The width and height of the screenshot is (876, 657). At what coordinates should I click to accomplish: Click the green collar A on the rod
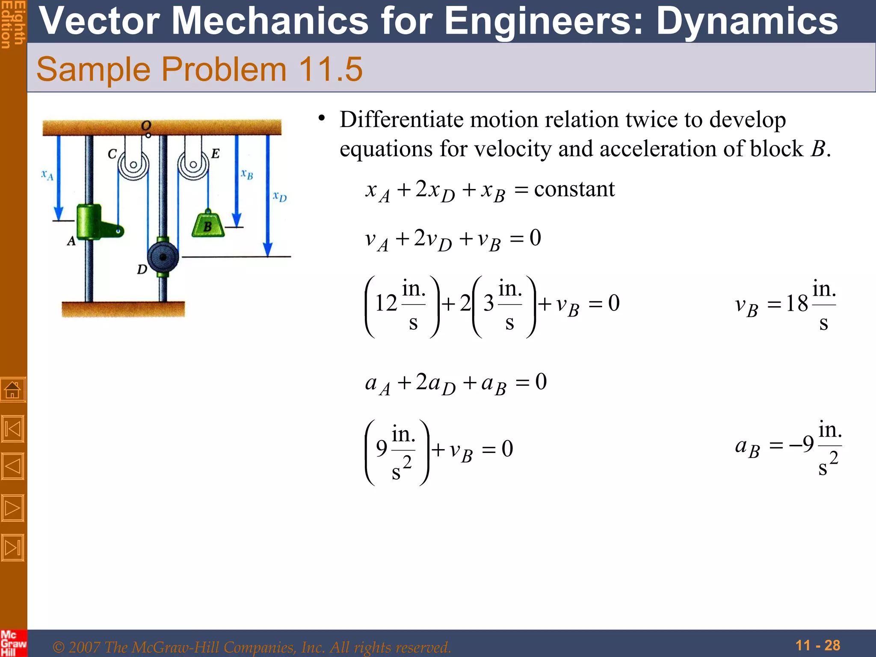[x=89, y=222]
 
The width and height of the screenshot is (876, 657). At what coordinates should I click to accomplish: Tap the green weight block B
[x=208, y=225]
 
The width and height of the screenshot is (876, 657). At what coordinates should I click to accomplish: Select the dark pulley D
[x=163, y=257]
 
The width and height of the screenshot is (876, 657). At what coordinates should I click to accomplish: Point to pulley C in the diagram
[x=133, y=165]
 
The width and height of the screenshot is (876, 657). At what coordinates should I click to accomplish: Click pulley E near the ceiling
[x=193, y=165]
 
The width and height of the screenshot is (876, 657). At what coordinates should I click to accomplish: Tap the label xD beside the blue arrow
[x=280, y=197]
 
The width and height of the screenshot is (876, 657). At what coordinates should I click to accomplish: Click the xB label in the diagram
[x=247, y=174]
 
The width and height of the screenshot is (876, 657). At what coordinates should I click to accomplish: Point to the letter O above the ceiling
[x=146, y=125]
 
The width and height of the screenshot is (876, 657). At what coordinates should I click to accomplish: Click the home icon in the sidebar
[x=13, y=390]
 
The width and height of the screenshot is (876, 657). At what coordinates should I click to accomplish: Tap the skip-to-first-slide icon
[x=13, y=429]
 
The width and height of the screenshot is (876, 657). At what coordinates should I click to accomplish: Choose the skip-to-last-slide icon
[x=13, y=547]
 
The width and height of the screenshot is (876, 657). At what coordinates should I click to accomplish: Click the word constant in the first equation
[x=574, y=189]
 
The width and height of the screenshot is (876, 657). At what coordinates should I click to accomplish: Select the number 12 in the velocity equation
[x=386, y=303]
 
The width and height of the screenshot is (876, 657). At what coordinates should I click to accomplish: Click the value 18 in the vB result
[x=797, y=304]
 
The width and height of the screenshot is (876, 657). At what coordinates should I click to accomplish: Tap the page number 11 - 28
[x=818, y=645]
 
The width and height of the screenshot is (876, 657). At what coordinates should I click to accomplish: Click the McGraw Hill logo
[x=13, y=643]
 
